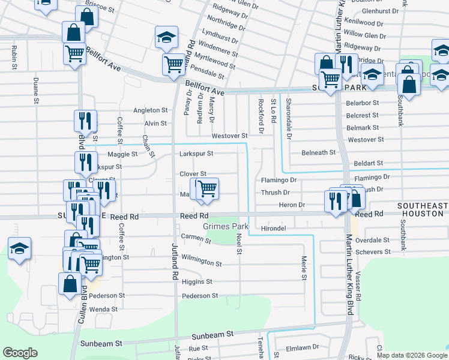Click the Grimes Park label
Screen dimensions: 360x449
coord(226,227)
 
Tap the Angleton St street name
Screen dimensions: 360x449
coord(150,110)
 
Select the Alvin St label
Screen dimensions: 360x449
coord(155,124)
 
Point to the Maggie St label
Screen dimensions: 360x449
coord(122,154)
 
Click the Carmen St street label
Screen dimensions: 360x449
coord(196,239)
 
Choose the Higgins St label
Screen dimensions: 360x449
coord(197,281)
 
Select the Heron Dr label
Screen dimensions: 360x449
coord(292,205)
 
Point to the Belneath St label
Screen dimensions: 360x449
coord(318,153)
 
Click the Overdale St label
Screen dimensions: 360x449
coord(373,239)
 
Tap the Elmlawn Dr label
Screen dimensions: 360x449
coord(301,347)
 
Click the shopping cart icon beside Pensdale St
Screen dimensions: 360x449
coord(174,64)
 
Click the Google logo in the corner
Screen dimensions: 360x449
coord(20,353)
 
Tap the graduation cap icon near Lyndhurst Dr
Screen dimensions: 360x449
coord(166,38)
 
